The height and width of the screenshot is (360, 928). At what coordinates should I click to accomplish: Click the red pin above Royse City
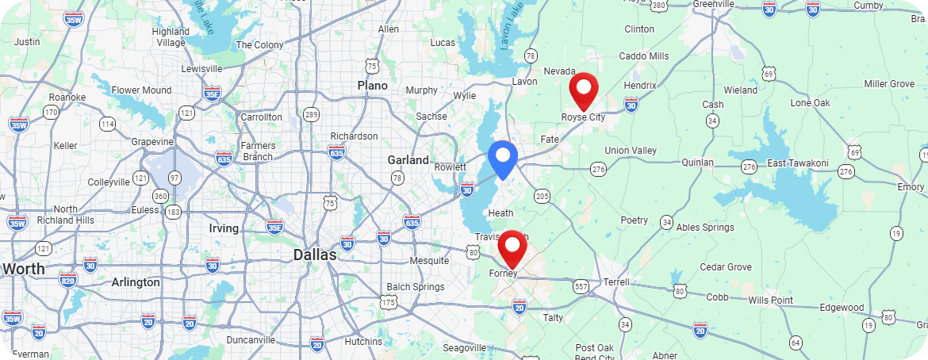tap(584, 90)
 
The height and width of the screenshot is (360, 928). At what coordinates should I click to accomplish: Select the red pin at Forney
tap(512, 247)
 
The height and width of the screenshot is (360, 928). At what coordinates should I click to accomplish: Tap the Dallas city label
tap(315, 255)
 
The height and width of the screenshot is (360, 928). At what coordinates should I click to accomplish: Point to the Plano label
tap(372, 86)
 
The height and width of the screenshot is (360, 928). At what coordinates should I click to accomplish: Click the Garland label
tap(408, 160)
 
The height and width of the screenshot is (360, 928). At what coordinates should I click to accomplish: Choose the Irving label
tap(224, 228)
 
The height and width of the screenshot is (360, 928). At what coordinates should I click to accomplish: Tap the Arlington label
tap(136, 281)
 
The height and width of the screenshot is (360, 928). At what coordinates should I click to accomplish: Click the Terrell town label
tap(616, 281)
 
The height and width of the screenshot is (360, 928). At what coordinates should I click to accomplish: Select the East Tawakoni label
tap(798, 163)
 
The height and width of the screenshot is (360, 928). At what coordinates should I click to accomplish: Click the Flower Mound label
tap(141, 90)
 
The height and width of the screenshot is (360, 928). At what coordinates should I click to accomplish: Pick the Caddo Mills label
tap(644, 56)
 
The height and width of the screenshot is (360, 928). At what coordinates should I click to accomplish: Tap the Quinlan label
tap(699, 163)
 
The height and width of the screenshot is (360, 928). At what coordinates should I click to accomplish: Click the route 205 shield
tap(543, 196)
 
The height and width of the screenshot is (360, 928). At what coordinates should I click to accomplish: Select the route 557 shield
tap(581, 286)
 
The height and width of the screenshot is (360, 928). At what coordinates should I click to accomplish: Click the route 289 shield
tap(312, 114)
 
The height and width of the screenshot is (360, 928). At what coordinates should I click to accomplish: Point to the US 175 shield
tap(388, 302)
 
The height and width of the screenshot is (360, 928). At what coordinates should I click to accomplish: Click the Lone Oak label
tap(810, 103)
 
